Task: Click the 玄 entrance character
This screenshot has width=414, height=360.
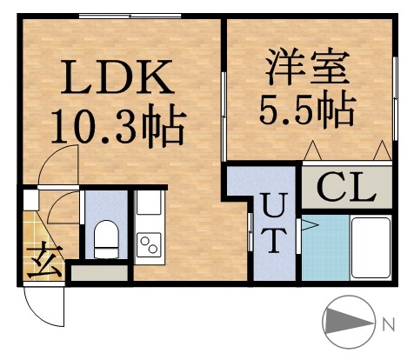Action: (40, 259)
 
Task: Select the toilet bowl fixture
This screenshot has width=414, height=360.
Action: (105, 238)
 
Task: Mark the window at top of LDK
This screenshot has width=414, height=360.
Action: (130, 17)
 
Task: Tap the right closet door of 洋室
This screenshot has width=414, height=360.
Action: (378, 152)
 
